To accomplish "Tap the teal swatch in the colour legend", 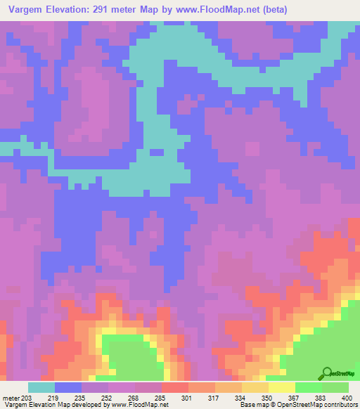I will pos(41,387).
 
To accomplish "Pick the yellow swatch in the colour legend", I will pos(281,387).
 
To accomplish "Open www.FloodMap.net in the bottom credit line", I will pos(142,405).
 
